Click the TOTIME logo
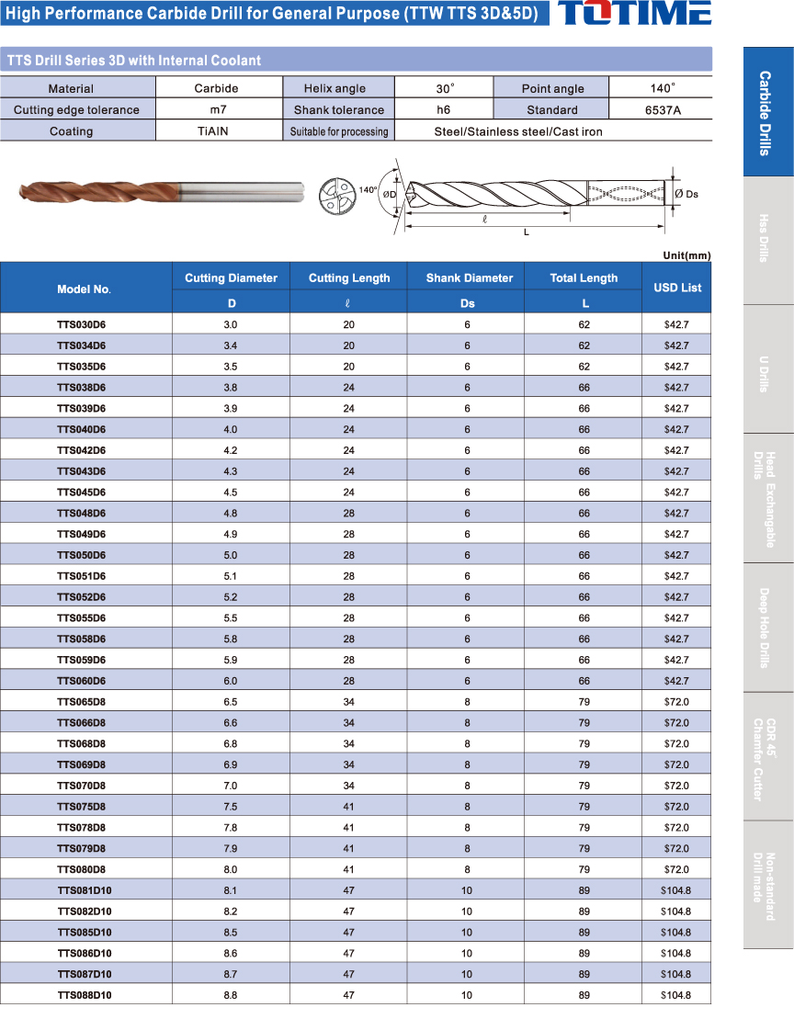coord(635,13)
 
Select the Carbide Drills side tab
coord(767,112)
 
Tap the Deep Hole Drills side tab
coord(767,627)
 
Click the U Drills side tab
coord(767,369)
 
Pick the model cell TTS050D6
coord(82,555)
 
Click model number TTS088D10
coord(85,995)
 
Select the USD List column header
coord(677,288)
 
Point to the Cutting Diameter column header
coord(231,277)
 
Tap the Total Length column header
coord(584,277)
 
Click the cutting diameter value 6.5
coord(230,702)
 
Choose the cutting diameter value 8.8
coord(230,995)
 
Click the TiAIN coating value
coord(213,131)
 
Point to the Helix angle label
coord(335,88)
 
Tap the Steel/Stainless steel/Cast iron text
coord(518,131)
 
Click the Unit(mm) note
coord(686,255)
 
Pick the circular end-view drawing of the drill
coord(335,197)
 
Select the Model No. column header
coord(85,289)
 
